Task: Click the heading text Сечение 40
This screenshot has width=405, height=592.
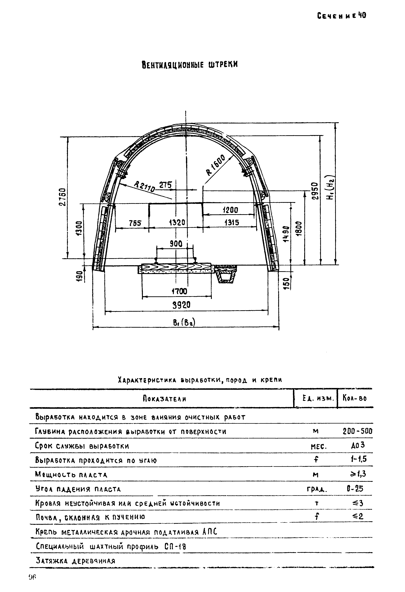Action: tap(341, 16)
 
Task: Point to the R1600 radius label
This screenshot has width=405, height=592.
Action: tap(216, 165)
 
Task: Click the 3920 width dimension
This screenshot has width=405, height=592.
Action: tap(181, 305)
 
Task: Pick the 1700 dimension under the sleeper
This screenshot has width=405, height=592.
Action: tap(179, 291)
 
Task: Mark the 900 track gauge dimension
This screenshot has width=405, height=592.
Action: tap(176, 244)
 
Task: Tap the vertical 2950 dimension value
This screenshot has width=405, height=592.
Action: tap(315, 191)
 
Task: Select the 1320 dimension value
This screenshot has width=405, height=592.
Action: tap(177, 223)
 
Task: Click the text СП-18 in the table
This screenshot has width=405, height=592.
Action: tap(175, 546)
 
